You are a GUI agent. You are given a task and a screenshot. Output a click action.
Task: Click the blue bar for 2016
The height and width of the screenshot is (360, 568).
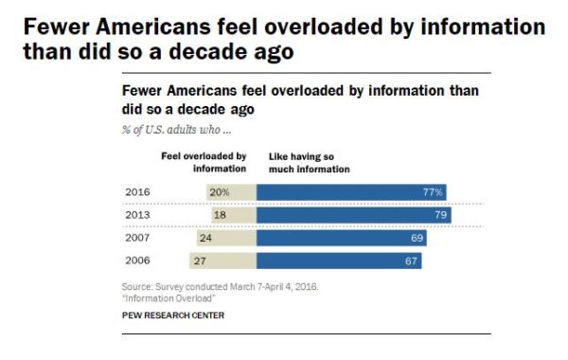click(351, 192)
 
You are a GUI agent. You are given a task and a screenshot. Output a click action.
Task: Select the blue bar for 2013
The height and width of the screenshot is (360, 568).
click(353, 215)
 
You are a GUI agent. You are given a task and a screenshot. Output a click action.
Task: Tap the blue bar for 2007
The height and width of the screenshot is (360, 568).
click(341, 238)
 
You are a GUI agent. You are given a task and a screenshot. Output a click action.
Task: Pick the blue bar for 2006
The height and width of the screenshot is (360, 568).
click(338, 261)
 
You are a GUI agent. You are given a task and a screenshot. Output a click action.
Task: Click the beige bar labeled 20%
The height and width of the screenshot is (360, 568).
click(231, 192)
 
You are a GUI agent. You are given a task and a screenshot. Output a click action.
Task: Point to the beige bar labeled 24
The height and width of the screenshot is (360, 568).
click(226, 238)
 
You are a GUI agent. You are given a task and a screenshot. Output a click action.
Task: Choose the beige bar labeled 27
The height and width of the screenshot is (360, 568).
click(222, 261)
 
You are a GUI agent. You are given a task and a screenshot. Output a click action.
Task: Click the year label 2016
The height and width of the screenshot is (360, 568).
click(136, 192)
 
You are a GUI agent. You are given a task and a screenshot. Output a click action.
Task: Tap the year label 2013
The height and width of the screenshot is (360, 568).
click(136, 215)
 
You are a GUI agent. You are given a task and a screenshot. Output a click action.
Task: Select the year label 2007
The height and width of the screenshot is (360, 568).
click(136, 238)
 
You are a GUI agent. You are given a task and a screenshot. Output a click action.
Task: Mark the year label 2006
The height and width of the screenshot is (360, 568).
click(136, 261)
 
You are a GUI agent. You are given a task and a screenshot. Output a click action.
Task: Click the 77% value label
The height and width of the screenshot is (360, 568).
click(433, 192)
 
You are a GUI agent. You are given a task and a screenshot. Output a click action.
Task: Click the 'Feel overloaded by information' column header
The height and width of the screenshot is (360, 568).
click(203, 162)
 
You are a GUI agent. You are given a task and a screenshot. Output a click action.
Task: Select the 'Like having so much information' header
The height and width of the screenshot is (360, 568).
click(304, 162)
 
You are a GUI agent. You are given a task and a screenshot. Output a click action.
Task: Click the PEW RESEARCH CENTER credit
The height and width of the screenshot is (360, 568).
click(173, 315)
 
